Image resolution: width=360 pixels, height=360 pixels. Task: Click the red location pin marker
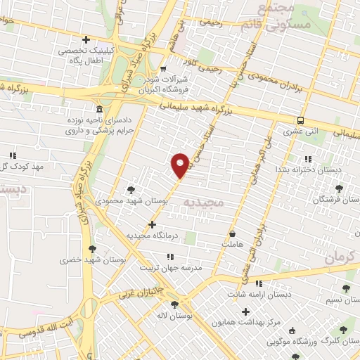point(181,165)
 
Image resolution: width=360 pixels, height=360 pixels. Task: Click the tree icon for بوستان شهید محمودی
point(131,189)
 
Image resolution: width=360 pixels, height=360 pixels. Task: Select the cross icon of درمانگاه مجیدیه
point(153,224)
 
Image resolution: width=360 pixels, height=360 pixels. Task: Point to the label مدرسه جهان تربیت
point(172,268)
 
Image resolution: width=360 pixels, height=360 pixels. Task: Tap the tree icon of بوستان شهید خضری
point(92,248)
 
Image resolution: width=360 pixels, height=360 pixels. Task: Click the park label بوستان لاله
point(171,315)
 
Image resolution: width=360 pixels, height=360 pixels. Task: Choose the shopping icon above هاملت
point(233,233)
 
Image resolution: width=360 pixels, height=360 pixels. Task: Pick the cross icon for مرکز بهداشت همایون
point(245,311)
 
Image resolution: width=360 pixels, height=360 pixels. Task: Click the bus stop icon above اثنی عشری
point(300,120)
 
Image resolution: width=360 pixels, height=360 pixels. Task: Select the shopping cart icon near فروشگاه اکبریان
point(163,70)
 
